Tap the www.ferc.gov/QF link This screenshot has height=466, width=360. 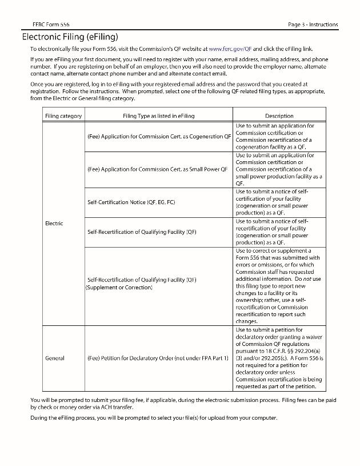230,49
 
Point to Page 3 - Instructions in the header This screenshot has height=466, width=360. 313,24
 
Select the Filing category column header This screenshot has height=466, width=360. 63,116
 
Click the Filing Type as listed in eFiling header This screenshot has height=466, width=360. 158,116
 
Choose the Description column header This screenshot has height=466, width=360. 279,116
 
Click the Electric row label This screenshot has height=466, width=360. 54,223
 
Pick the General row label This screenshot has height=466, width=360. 54,359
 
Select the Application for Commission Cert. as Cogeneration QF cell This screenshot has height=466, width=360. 159,137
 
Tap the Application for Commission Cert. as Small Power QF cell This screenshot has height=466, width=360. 157,169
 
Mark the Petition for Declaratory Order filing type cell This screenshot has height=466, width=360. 158,359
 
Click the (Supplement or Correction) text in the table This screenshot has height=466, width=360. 119,287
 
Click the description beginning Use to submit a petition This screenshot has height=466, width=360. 279,359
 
